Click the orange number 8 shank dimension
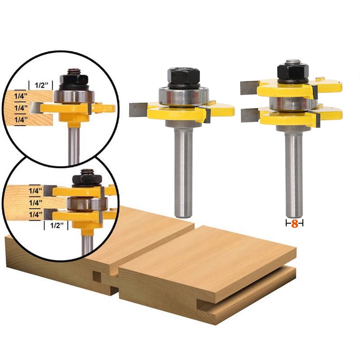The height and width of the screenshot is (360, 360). click(x=295, y=224)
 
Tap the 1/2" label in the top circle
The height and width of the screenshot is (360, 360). click(x=41, y=85)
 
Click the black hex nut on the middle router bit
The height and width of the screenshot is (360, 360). click(x=184, y=76)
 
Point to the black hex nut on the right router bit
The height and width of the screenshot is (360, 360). click(x=293, y=72)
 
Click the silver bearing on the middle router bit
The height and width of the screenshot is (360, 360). click(x=184, y=96)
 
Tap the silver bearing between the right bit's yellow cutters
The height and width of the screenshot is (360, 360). click(x=293, y=103)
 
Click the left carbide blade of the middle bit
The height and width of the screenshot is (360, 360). click(x=138, y=110)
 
